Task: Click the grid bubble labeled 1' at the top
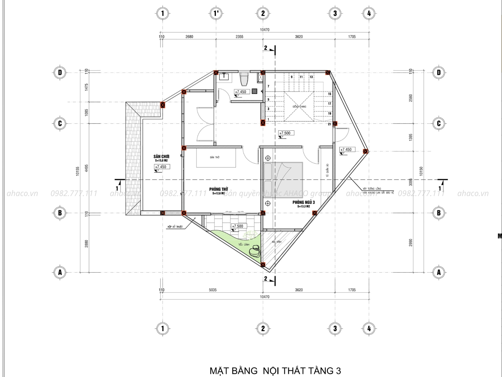pos(216,13)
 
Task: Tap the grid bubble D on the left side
pos(60,73)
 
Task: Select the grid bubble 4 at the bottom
pos(369,329)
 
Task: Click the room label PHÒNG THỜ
pos(219,189)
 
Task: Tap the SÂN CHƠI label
pos(162,156)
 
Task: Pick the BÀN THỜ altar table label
pos(215,157)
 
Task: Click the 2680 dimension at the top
pos(189,37)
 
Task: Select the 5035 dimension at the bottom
pos(213,290)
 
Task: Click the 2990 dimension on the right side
pos(411,243)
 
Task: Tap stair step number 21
pos(329,124)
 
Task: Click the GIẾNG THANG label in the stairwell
pos(299,107)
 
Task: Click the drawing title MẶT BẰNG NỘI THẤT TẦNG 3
pos(275,371)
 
